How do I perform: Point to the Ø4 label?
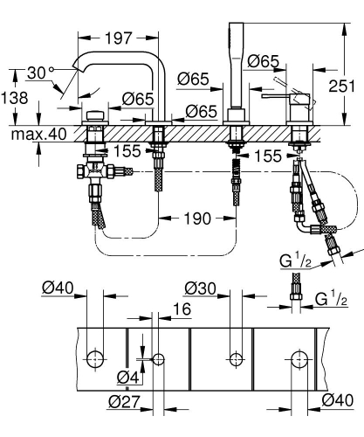[x=127, y=378]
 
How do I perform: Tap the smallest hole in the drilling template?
[x=158, y=359]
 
